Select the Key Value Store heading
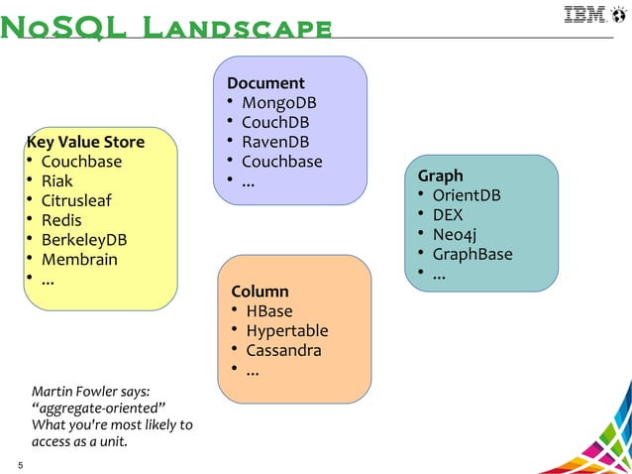[x=85, y=142]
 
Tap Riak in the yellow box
[x=56, y=181]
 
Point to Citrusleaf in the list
[x=76, y=201]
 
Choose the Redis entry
[x=61, y=220]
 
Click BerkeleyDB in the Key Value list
[x=84, y=240]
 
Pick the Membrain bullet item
[x=79, y=260]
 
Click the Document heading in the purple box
[x=265, y=83]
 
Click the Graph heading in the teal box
[x=440, y=176]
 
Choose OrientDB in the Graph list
[x=467, y=195]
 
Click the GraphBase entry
[x=473, y=254]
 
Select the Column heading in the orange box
[x=260, y=292]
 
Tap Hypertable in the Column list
[x=287, y=331]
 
